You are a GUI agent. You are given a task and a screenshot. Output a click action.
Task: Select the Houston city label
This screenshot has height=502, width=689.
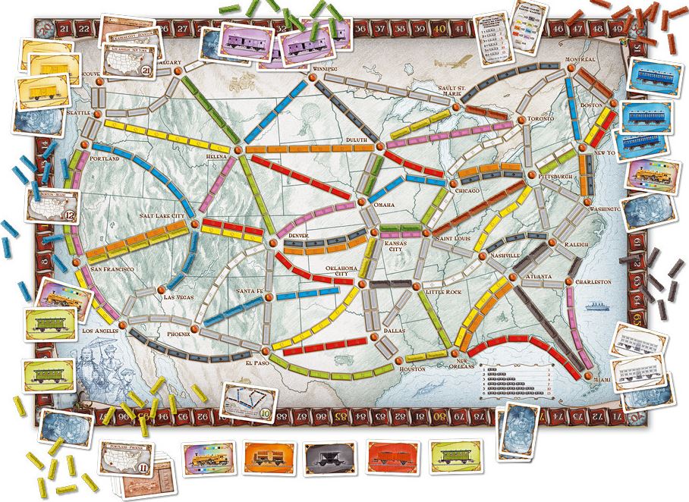(411, 369)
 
